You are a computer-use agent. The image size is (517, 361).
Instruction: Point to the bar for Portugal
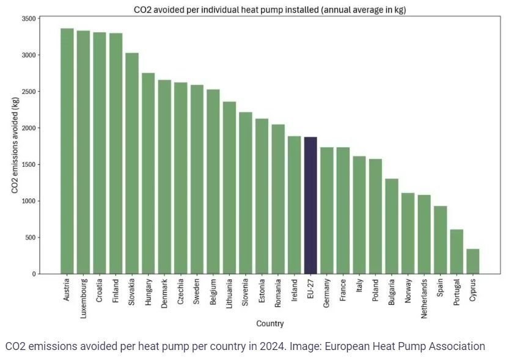457,251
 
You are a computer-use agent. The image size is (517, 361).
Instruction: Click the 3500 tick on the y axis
28,18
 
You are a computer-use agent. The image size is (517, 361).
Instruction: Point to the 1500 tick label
28,164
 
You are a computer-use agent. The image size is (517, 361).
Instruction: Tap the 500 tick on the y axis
30,238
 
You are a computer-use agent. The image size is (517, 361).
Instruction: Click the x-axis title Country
269,324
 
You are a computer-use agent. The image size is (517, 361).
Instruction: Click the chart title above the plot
269,10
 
